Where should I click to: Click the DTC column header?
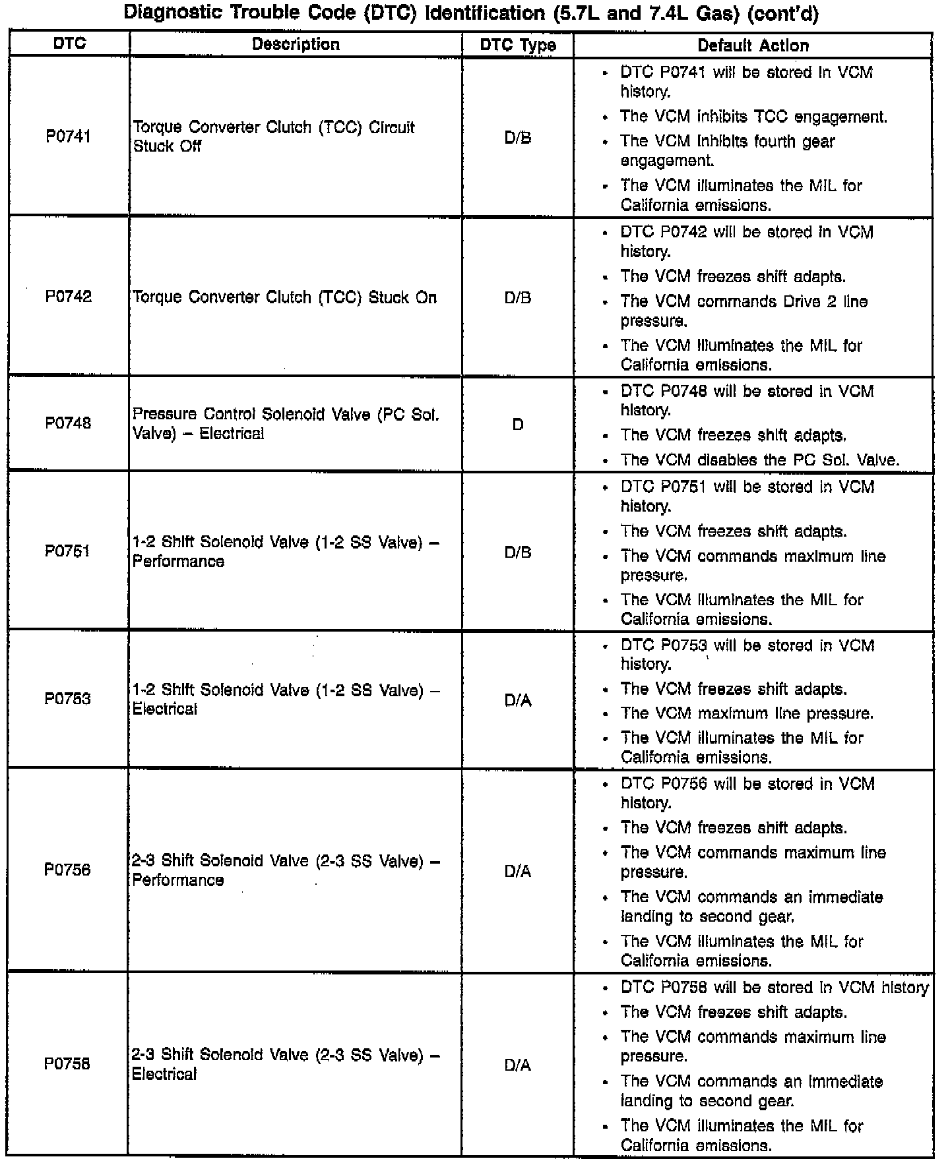(69, 44)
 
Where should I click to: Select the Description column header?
(296, 45)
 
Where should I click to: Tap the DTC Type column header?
(518, 45)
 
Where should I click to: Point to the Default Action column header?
(753, 45)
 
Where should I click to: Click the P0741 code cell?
(68, 136)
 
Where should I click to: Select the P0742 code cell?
(68, 297)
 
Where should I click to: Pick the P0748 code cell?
(68, 423)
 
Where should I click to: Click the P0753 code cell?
(67, 699)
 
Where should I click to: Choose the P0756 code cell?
(67, 870)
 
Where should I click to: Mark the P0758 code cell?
(67, 1064)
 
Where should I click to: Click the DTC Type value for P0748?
(518, 425)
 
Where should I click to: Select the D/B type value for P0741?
(518, 138)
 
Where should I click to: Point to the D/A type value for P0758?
(518, 1065)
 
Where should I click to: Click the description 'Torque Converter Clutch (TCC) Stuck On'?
(284, 298)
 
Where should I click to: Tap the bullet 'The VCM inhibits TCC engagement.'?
(753, 117)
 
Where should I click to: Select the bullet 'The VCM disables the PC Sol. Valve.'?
(760, 460)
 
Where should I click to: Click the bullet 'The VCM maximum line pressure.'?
(747, 714)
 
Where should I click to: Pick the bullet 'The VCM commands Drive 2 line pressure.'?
(744, 311)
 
